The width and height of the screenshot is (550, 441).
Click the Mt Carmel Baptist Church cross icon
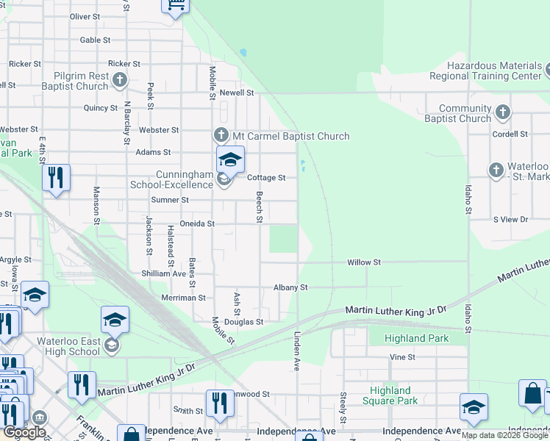tap(221, 136)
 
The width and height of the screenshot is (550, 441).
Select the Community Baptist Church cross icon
tap(502, 112)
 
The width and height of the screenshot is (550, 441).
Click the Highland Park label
tap(415, 338)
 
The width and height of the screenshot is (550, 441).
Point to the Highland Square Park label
tap(390, 395)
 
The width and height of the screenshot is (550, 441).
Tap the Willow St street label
tap(364, 262)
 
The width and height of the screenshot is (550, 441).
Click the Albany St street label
tap(290, 287)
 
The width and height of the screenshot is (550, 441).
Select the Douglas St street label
tap(243, 322)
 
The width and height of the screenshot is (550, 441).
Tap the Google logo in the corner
tap(24, 432)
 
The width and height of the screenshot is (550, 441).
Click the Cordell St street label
tap(510, 135)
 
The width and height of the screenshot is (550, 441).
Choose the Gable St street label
tap(95, 40)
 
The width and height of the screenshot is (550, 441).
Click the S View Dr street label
tap(510, 220)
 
